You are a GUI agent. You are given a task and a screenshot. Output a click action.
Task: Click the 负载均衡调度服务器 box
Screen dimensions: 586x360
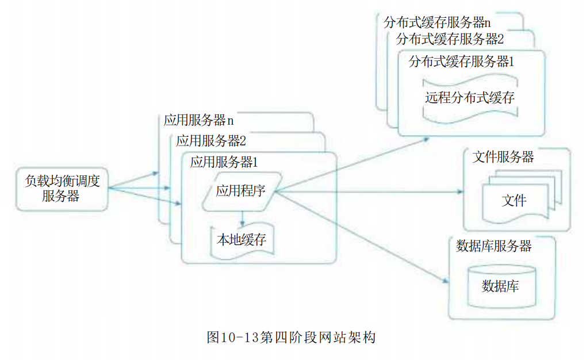click(62, 189)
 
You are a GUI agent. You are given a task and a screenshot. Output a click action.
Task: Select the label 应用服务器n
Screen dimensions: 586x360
click(199, 120)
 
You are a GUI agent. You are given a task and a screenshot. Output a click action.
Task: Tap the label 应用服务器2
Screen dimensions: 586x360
click(211, 141)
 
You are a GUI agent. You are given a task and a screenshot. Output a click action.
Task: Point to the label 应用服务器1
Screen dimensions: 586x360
click(224, 162)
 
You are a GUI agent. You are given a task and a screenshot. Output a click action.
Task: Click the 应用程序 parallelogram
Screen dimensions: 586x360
click(242, 192)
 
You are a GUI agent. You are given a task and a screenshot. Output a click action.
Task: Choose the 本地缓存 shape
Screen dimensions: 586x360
click(242, 240)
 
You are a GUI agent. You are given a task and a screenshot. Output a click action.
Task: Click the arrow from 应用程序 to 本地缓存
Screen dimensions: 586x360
click(242, 219)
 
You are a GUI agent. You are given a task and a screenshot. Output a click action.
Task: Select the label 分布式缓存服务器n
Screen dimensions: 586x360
click(437, 23)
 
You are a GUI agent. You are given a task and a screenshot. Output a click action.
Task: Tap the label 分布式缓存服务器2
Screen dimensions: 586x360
click(450, 39)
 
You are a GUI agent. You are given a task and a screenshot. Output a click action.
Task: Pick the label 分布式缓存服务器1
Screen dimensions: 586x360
click(462, 62)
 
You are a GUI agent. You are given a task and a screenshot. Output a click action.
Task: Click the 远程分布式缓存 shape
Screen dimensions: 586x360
click(470, 98)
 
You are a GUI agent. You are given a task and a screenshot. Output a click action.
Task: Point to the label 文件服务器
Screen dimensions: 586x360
click(503, 157)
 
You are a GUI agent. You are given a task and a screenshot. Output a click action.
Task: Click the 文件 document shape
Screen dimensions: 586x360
click(515, 201)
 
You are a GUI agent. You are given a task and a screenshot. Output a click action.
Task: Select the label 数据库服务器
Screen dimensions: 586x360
click(493, 246)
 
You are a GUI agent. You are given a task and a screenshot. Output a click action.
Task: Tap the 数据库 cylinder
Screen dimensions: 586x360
click(501, 286)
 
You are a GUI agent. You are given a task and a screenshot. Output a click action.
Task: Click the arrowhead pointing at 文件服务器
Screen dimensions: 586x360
click(460, 192)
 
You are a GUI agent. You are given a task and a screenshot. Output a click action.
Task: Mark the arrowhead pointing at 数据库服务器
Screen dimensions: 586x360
click(445, 281)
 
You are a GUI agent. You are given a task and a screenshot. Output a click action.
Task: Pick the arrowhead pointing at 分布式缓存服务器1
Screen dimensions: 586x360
click(426, 139)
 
